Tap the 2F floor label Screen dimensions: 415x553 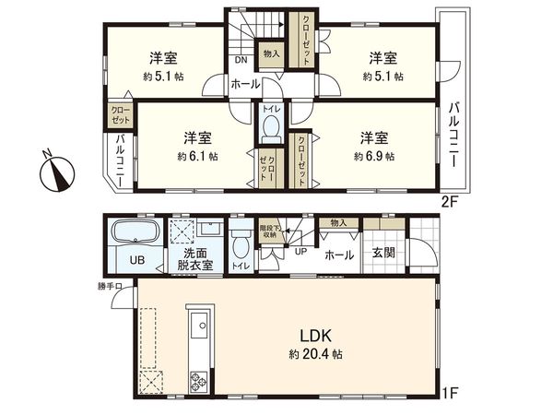pos(448,201)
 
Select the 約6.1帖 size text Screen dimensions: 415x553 pos(198,157)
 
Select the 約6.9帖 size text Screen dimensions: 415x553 pos(374,157)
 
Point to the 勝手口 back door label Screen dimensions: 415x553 pos(111,286)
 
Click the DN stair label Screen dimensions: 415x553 pos(240,61)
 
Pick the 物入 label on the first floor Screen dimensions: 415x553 pos(337,222)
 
